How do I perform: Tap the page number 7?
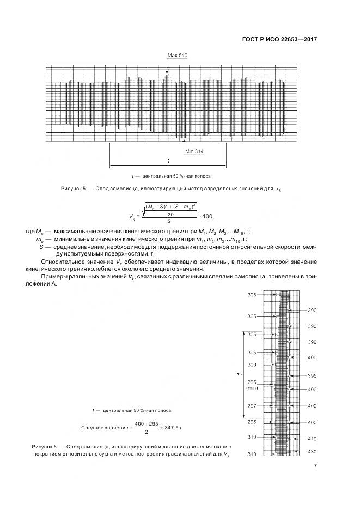coord(315,465)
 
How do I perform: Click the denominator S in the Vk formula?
coord(169,221)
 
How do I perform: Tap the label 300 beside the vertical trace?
coord(252,365)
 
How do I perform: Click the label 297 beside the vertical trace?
coord(252,406)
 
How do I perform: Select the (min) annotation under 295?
coord(252,388)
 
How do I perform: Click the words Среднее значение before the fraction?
coord(103,428)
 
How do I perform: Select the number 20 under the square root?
coord(169,215)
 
